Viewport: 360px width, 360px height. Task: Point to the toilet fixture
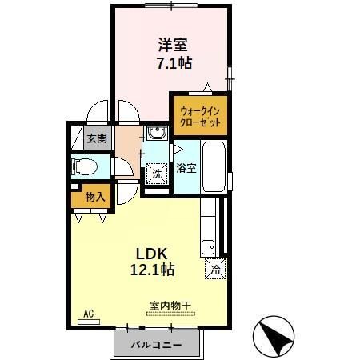83,167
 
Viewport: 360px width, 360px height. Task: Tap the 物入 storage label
94,196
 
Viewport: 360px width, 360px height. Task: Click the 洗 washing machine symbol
157,174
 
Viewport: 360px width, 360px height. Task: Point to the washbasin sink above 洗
158,134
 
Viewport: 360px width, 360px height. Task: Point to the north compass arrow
274,336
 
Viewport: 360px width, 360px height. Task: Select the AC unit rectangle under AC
88,322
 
